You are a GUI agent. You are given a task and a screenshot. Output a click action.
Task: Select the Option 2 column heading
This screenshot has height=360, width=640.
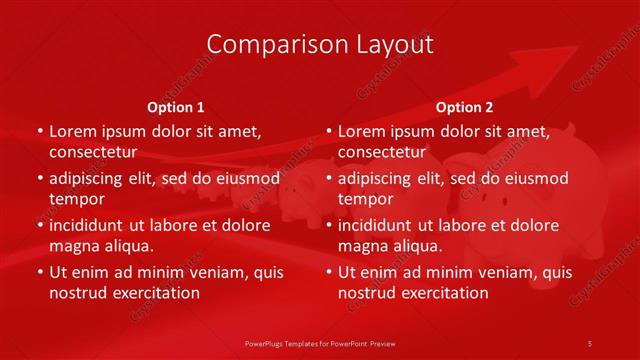pos(465,107)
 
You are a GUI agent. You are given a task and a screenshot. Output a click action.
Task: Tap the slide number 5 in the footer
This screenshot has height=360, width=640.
pos(591,343)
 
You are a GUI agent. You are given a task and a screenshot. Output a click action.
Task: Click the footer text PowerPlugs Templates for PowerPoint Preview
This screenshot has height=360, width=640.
pos(319,343)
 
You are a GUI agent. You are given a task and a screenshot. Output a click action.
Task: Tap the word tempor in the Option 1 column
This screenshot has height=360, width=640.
pos(75,199)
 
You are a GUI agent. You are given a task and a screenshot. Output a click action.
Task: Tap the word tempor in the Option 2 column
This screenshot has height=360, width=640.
pos(364,199)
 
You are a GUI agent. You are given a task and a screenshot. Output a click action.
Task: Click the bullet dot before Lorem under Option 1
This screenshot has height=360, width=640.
pos(40,131)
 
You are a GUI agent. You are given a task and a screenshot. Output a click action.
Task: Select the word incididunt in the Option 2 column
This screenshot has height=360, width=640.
pos(381,226)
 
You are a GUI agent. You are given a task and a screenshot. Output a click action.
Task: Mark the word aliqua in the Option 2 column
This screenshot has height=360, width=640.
pos(415,246)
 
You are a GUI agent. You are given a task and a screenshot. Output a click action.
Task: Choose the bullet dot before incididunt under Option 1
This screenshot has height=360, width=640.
pos(40,226)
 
